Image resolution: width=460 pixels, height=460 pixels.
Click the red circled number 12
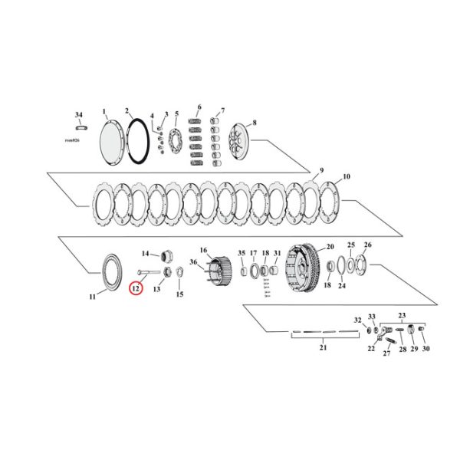point(136,289)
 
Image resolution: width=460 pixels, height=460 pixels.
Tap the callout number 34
point(78,114)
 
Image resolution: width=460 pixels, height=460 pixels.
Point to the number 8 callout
point(255,122)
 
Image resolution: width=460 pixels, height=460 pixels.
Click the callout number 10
point(346,176)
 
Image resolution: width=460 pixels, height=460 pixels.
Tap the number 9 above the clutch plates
point(322,169)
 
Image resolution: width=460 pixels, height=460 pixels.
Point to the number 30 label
point(426,349)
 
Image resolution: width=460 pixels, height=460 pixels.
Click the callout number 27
point(386,353)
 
